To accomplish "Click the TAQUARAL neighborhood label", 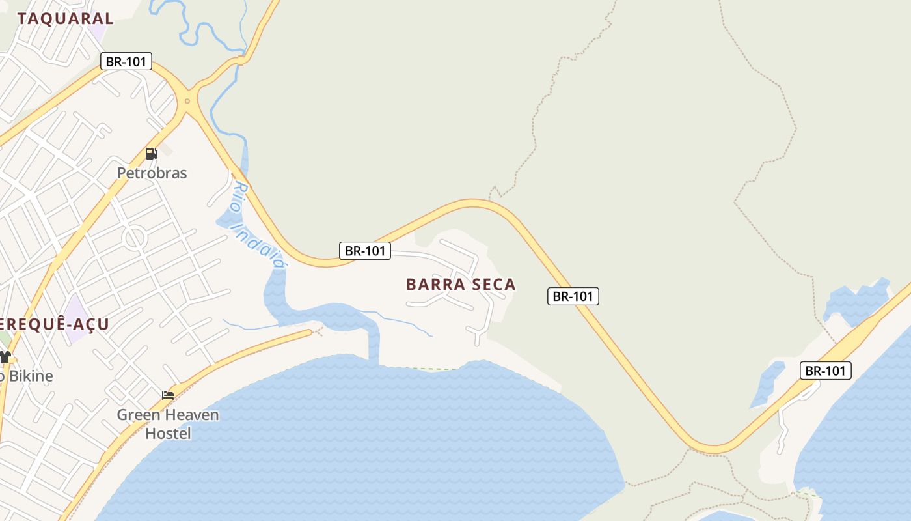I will pyautogui.click(x=65, y=18).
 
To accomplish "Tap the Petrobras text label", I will pyautogui.click(x=152, y=173).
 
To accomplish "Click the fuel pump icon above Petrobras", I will pyautogui.click(x=151, y=154).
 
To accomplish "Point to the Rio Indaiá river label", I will pyautogui.click(x=258, y=225).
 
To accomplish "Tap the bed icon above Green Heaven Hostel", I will pyautogui.click(x=168, y=395).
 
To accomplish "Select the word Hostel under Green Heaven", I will pyautogui.click(x=168, y=433).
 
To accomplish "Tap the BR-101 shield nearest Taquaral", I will pyautogui.click(x=126, y=62).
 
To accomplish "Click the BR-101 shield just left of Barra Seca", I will pyautogui.click(x=365, y=251).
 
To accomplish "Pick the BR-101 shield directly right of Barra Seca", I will pyautogui.click(x=573, y=296).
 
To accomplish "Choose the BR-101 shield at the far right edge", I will pyautogui.click(x=825, y=371).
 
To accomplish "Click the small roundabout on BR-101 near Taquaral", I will pyautogui.click(x=187, y=100).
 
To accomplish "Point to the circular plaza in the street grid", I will pyautogui.click(x=135, y=238).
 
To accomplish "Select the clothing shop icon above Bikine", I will pyautogui.click(x=5, y=356).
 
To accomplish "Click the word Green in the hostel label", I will pyautogui.click(x=137, y=415).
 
